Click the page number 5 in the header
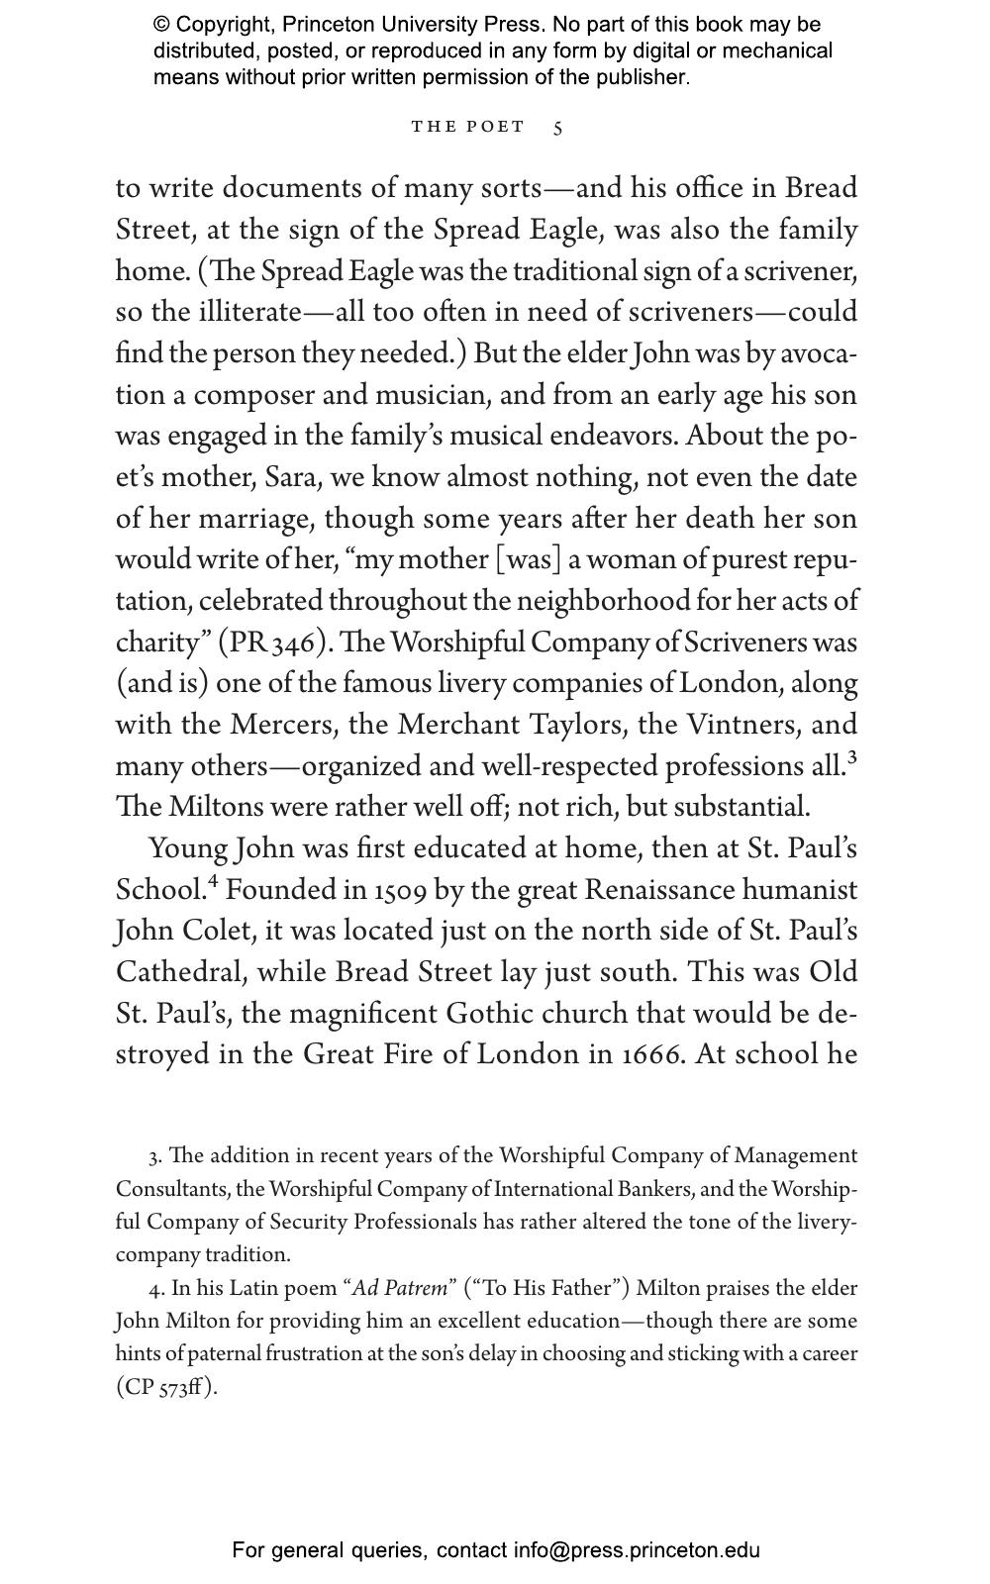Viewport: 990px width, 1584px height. pos(558,128)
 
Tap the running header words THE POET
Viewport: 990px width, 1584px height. pos(468,127)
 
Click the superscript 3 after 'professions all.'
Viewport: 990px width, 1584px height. pos(852,759)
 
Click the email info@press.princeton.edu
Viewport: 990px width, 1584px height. pos(636,1550)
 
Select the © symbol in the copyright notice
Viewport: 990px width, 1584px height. pos(160,25)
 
